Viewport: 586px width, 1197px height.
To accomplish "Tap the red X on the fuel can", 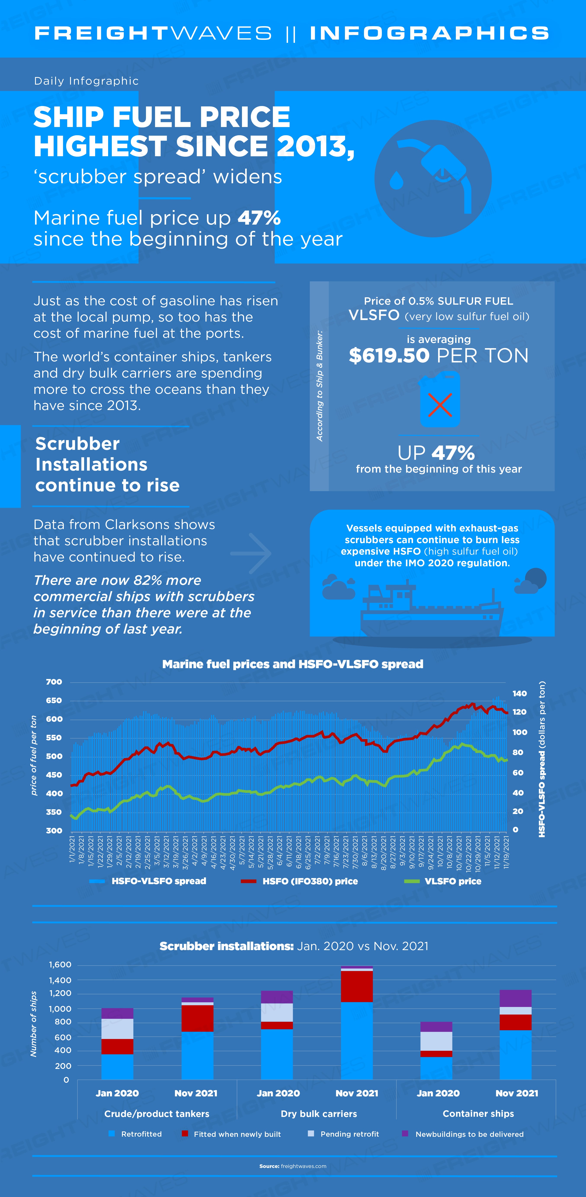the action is pyautogui.click(x=440, y=405).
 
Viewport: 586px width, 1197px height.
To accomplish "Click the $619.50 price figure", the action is pyautogui.click(x=389, y=356).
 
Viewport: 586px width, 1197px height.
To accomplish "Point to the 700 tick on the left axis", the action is pyautogui.click(x=54, y=682).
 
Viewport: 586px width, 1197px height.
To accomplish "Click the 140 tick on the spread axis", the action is pyautogui.click(x=520, y=694).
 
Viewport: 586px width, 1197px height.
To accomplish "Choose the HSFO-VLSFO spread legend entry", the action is pyautogui.click(x=148, y=881).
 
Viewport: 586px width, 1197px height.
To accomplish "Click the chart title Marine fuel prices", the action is pyautogui.click(x=293, y=664).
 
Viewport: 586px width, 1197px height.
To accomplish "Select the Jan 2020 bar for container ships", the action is pyautogui.click(x=436, y=1051).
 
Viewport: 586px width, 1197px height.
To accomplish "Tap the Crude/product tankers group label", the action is pyautogui.click(x=157, y=1114).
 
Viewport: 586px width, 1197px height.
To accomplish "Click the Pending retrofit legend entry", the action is pyautogui.click(x=344, y=1134).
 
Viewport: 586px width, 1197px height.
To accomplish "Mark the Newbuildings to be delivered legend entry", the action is pyautogui.click(x=463, y=1134).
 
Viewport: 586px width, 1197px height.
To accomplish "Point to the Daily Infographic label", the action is pyautogui.click(x=86, y=81).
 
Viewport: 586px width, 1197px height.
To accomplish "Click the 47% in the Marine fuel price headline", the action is pyautogui.click(x=259, y=218).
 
